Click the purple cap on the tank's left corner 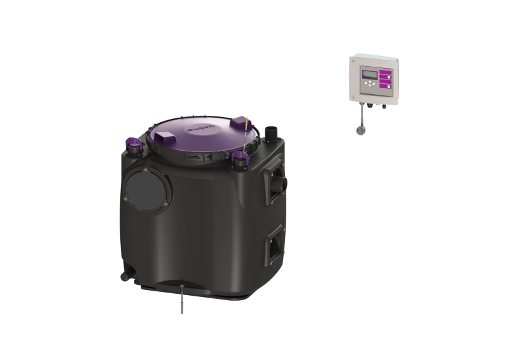click(x=135, y=145)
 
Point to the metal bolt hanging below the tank click(x=183, y=300)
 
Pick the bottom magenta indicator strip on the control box click(x=386, y=85)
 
